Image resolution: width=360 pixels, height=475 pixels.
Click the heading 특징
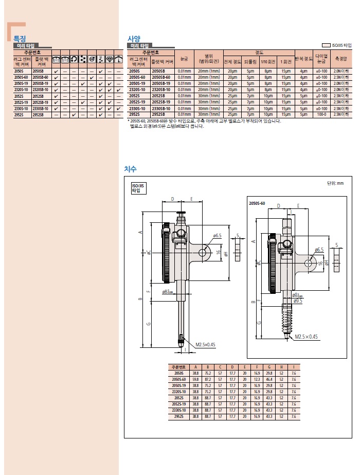tap(20, 38)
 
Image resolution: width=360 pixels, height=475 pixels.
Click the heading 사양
tap(133, 38)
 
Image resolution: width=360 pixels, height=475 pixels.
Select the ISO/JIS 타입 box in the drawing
tap(138, 188)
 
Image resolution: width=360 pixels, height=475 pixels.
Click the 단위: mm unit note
tap(335, 183)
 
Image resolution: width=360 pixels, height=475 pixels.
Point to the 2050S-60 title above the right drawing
tap(257, 204)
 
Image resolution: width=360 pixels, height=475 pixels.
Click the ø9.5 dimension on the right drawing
tap(297, 300)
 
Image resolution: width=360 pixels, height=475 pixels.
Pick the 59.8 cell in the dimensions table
tap(195, 379)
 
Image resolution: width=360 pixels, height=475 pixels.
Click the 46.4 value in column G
tap(269, 379)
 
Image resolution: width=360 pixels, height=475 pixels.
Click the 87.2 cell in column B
tap(208, 379)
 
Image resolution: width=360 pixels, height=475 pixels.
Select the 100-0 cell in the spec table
tap(322, 115)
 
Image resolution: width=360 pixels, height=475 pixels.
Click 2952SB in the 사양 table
tap(156, 115)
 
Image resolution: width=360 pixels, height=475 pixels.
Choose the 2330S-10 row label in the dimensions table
tap(179, 410)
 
